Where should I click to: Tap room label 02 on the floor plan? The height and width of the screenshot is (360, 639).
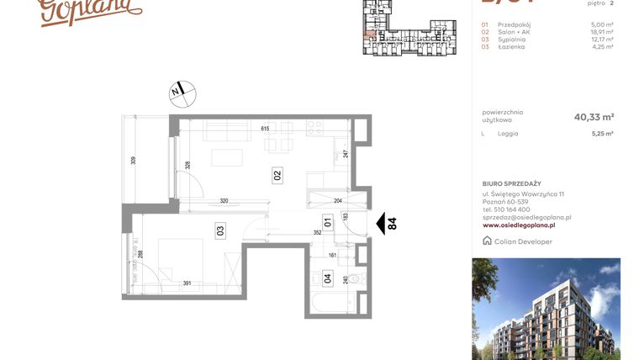[277, 176]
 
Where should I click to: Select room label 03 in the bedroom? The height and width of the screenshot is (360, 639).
[219, 230]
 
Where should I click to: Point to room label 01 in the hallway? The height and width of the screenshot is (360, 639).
[329, 223]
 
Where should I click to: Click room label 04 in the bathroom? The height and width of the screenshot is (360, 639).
[327, 278]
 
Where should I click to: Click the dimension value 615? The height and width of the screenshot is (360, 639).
[264, 129]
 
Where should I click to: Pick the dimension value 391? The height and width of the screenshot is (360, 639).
[189, 283]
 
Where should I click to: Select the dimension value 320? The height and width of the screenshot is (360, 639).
[224, 201]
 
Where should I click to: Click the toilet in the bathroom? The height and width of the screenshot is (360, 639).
[353, 278]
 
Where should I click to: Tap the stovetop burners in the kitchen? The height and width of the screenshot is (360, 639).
[315, 129]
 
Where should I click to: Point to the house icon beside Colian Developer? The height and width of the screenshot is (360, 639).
[488, 241]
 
